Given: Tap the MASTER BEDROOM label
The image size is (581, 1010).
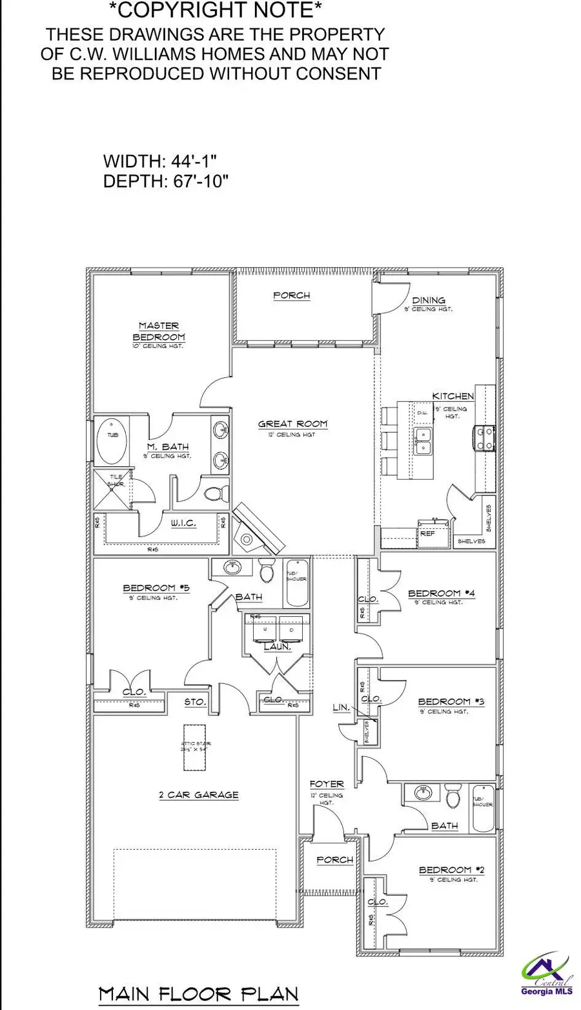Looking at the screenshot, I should pyautogui.click(x=159, y=331).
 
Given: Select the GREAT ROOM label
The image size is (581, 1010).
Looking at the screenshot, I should pyautogui.click(x=292, y=424).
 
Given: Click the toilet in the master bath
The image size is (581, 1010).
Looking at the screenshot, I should pyautogui.click(x=214, y=494).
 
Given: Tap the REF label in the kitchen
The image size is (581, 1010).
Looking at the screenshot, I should pyautogui.click(x=427, y=534).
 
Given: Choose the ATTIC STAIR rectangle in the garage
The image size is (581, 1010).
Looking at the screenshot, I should pyautogui.click(x=196, y=747).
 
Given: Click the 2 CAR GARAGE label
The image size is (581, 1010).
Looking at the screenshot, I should pyautogui.click(x=199, y=795).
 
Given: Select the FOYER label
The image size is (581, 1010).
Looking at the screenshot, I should pyautogui.click(x=326, y=784).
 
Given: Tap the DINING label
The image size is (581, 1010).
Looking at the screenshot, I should pyautogui.click(x=429, y=300).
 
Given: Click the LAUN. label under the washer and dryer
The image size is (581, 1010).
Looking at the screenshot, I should pyautogui.click(x=277, y=646).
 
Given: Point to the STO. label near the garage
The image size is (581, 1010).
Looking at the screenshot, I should pyautogui.click(x=195, y=701).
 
